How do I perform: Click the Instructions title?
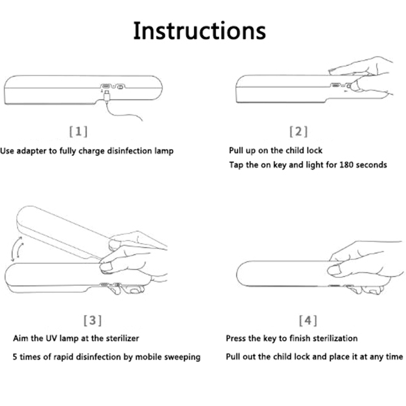[x=199, y=31]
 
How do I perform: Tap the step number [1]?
[x=79, y=131]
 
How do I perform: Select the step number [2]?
[x=299, y=131]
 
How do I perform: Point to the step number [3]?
[x=93, y=320]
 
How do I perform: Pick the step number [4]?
[x=308, y=320]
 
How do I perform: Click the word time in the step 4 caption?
[x=394, y=357]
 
